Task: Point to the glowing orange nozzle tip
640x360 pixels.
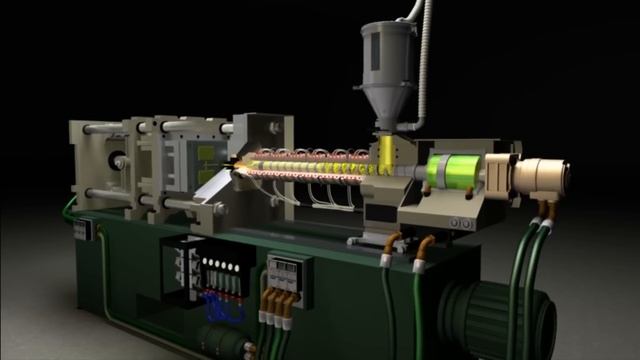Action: [x=234, y=163]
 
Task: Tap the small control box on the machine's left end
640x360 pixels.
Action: [x=85, y=228]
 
